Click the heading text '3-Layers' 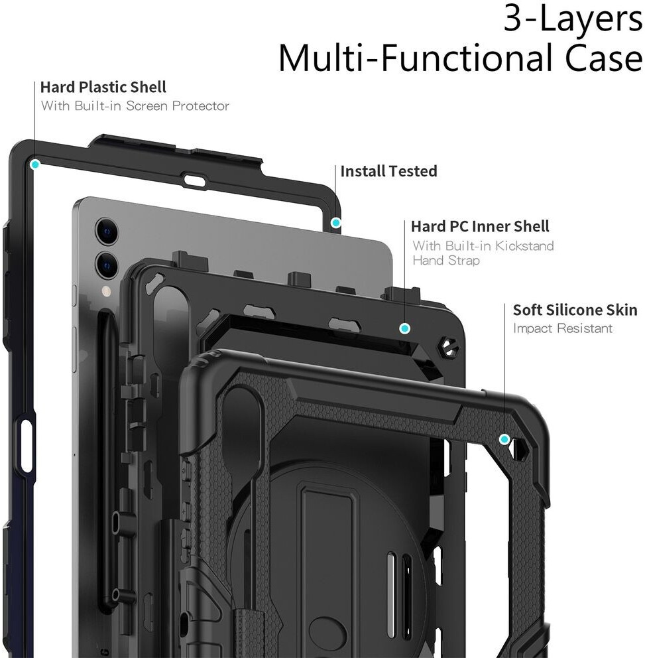click(572, 20)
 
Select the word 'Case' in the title click(603, 58)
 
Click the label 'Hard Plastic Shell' click(103, 87)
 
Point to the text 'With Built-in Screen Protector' click(135, 105)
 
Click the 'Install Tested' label click(388, 171)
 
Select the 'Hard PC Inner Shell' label click(480, 227)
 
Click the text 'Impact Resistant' click(563, 328)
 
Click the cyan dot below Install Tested click(336, 222)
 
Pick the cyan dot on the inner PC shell click(404, 328)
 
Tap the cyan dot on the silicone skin click(504, 439)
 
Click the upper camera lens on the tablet click(107, 230)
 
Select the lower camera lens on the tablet click(107, 263)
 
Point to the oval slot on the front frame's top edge click(195, 180)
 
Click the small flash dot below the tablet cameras click(106, 291)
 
